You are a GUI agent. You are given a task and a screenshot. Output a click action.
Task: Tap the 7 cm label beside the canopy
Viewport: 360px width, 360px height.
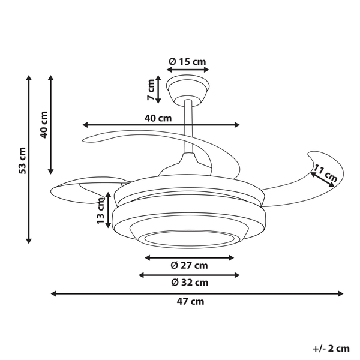(151, 89)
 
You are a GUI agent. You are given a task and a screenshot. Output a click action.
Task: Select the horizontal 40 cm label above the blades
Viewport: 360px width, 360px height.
(158, 118)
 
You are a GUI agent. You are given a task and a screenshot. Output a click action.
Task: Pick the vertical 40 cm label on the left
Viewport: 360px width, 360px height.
(43, 125)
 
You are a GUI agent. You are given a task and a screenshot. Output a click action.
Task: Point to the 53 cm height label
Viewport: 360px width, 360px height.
(22, 160)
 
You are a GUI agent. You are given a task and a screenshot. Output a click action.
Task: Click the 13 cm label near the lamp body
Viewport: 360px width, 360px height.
(101, 210)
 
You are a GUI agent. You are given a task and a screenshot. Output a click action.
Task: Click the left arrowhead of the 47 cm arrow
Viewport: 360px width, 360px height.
(54, 294)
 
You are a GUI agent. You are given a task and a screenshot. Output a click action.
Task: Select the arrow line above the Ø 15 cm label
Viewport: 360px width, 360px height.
(189, 70)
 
